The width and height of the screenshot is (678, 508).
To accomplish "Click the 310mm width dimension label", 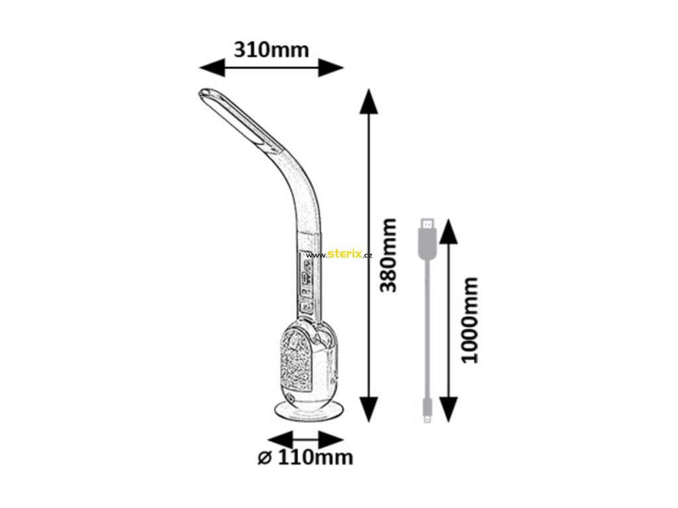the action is pos(271,49).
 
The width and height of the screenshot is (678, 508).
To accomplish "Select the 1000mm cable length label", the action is pos(469,320).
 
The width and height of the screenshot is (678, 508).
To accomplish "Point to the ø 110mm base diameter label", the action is pos(306,457).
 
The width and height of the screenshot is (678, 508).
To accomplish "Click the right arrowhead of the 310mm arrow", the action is pos(330,67).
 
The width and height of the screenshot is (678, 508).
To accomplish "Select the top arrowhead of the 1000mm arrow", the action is pos(449,232).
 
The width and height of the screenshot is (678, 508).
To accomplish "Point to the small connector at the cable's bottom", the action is pos(426,409).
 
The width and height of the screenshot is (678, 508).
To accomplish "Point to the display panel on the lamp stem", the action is pos(307,281).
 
